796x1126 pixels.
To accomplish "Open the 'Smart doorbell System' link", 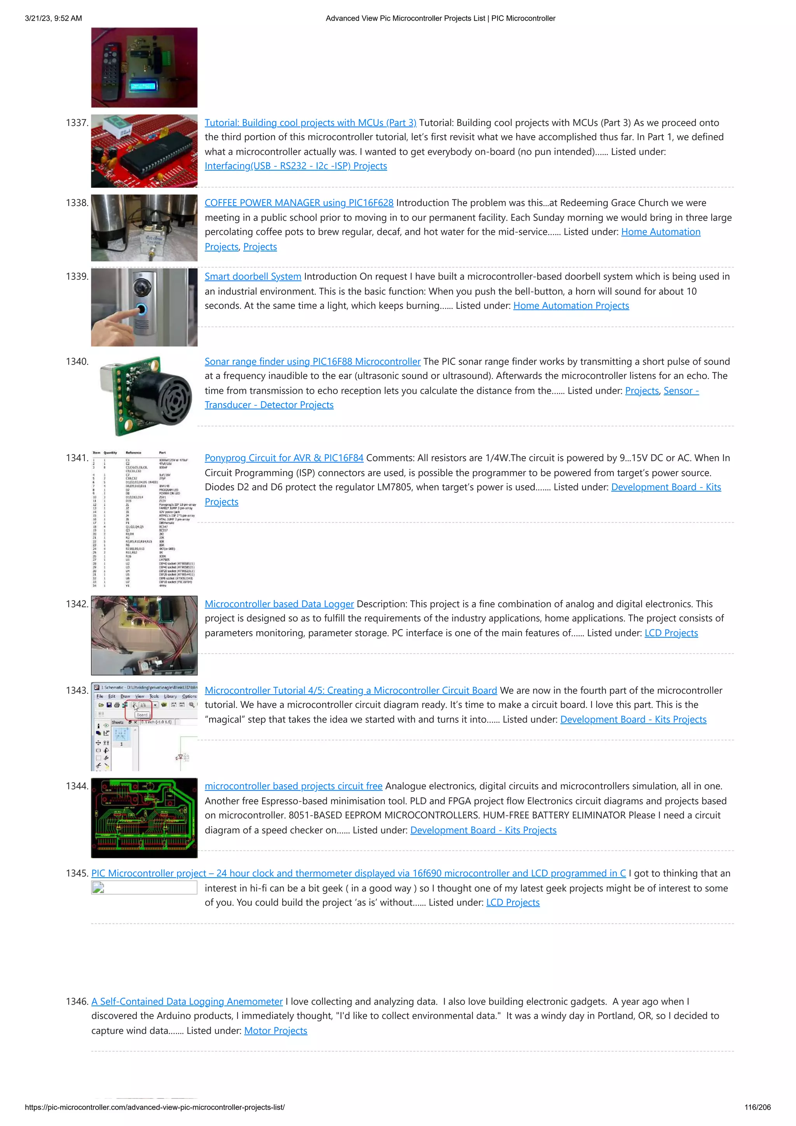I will point(253,277).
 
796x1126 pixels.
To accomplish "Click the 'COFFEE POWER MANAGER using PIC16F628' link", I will point(298,203).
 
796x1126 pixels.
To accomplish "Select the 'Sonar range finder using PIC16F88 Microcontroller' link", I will point(312,361).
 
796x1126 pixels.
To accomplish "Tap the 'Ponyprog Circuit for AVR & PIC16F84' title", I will point(284,458).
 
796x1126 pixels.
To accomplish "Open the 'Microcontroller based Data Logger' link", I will point(279,604).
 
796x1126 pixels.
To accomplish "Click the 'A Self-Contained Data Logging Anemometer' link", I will point(187,1002).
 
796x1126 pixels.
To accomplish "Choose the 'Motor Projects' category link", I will point(276,1030).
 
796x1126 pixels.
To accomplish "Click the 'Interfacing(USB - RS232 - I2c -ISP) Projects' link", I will point(296,166).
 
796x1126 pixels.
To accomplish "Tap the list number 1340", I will point(77,361).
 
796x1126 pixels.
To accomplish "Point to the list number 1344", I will point(77,786).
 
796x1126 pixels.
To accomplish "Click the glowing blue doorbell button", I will point(141,309).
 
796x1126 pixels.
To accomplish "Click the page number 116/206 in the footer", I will point(757,1107).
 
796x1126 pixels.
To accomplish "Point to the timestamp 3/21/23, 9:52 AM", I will point(54,19).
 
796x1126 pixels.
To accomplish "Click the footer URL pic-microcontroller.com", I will point(154,1107).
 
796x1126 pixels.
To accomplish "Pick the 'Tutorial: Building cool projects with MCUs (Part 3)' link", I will point(311,123).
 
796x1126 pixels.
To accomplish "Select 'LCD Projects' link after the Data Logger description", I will point(671,633).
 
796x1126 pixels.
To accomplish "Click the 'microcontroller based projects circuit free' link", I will point(293,786).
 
